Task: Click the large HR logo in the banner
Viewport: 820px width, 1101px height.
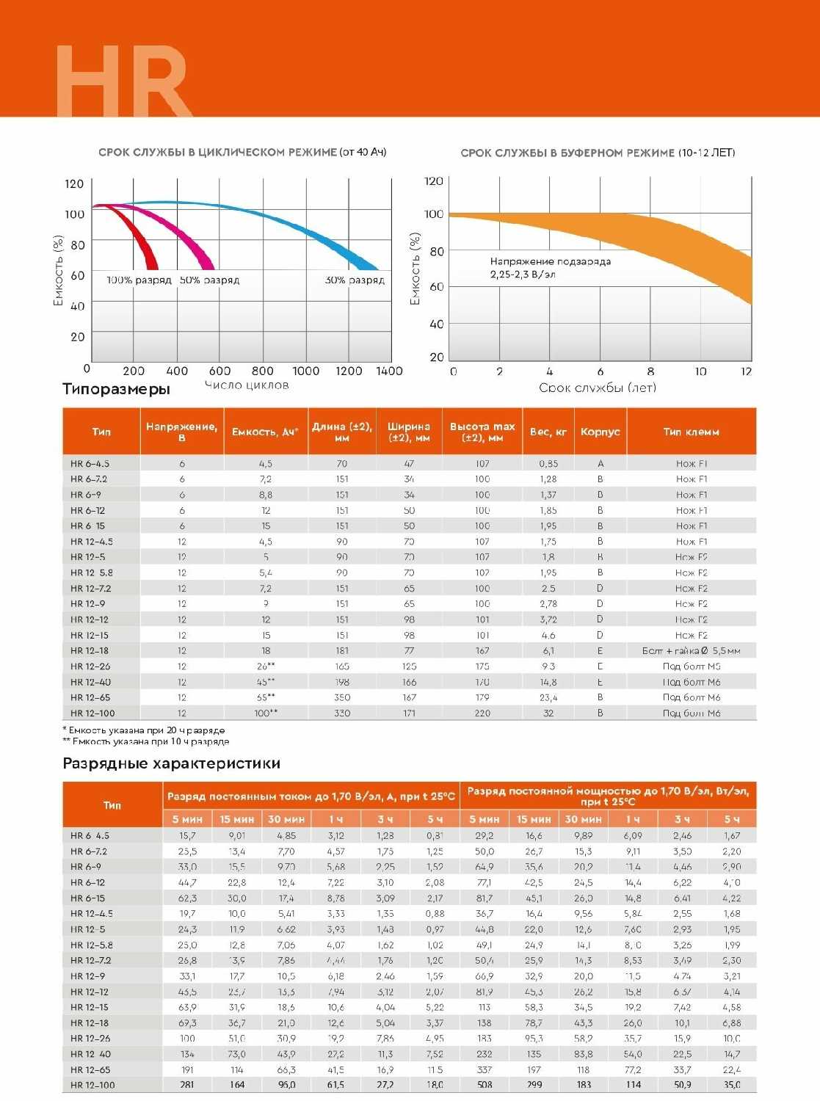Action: point(123,81)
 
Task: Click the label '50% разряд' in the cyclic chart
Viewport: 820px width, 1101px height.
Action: point(209,280)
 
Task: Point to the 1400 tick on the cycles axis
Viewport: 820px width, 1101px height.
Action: point(389,371)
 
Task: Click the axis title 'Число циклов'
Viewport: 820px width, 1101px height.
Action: point(247,385)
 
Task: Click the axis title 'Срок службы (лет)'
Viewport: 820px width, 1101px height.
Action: point(597,388)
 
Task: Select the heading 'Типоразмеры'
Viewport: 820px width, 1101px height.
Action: point(116,389)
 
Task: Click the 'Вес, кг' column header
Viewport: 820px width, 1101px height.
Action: point(548,432)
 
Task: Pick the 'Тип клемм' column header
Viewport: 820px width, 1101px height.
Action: point(691,432)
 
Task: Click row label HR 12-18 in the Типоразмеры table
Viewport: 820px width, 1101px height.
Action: point(90,651)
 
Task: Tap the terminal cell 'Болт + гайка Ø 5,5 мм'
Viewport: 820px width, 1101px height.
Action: point(691,651)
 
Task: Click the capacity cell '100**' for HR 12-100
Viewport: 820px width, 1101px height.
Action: point(265,713)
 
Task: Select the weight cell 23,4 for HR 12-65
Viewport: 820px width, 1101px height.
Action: point(548,698)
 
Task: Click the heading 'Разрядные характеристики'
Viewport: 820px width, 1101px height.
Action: point(171,763)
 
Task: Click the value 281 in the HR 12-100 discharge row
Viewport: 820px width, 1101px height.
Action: point(187,1085)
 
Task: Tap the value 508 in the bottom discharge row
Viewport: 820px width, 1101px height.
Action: point(485,1085)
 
